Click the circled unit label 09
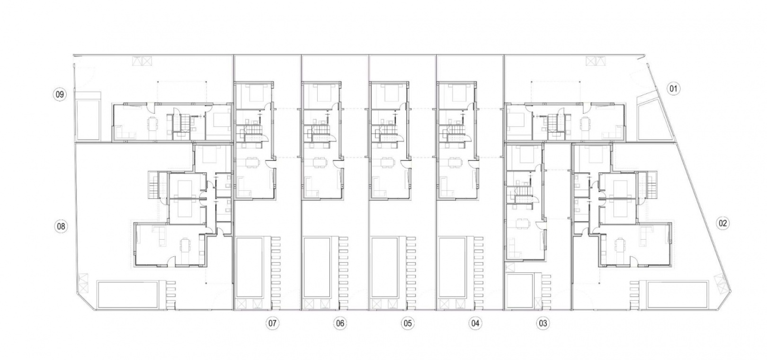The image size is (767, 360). [x=60, y=94]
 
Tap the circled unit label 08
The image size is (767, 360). [x=61, y=226]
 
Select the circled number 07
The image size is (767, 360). [x=272, y=324]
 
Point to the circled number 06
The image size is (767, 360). [x=340, y=324]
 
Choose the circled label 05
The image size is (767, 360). [x=408, y=324]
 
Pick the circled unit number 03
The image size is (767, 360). [x=543, y=324]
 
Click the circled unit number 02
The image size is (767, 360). [x=723, y=224]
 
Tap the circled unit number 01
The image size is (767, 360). [x=673, y=89]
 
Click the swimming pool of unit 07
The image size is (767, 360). [x=249, y=267]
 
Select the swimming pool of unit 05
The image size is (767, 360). [x=384, y=267]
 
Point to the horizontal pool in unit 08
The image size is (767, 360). [x=127, y=295]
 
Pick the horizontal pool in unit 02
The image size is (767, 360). [x=678, y=295]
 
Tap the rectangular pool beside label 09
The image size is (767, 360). [x=88, y=119]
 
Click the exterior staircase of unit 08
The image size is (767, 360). [x=154, y=185]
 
